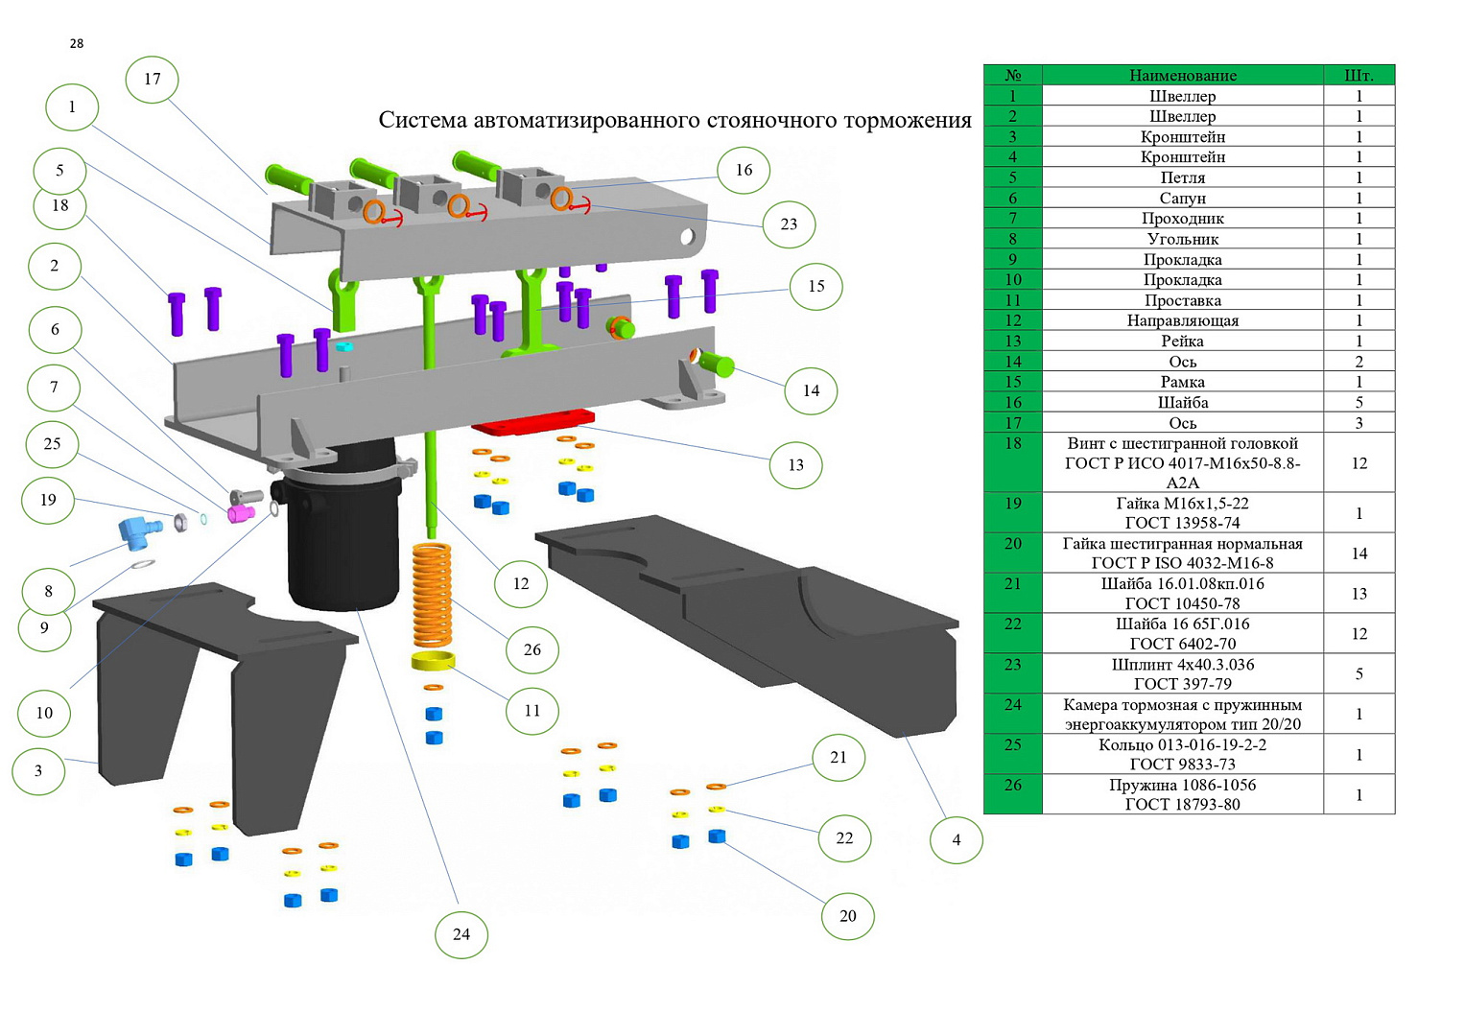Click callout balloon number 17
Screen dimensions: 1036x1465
coord(153,79)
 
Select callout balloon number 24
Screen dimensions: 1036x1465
coord(461,934)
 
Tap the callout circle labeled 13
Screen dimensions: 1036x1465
coord(796,465)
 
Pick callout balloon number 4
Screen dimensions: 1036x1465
coord(957,839)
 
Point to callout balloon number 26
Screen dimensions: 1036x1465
coord(532,649)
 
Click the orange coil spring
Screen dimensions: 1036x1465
coord(432,595)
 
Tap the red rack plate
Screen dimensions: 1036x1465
coord(533,421)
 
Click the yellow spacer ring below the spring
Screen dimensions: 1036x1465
coord(433,661)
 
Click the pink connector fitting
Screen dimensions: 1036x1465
coord(240,514)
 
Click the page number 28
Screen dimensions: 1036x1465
coord(77,43)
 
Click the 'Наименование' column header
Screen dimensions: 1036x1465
coord(1182,75)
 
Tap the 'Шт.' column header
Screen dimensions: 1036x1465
coord(1359,75)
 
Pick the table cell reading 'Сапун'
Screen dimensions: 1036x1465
coord(1182,198)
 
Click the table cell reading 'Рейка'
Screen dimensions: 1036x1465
coord(1182,341)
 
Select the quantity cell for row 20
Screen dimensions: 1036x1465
coord(1359,553)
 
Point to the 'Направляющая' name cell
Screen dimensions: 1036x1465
coord(1182,320)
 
